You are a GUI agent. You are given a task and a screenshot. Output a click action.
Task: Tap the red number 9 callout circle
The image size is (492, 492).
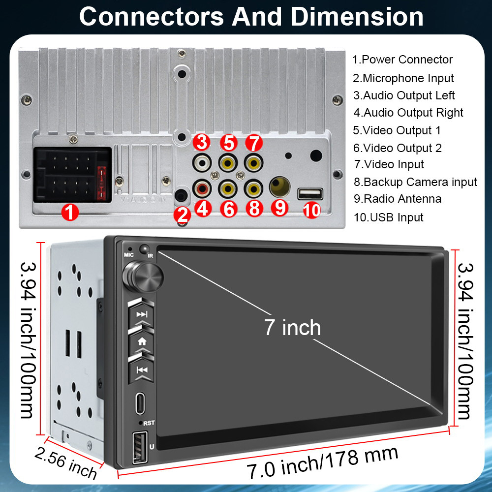pos(280,207)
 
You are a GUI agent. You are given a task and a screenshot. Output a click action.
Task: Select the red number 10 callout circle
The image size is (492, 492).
pos(311,210)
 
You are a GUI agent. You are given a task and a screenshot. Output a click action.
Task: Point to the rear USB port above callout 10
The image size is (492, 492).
pos(309,193)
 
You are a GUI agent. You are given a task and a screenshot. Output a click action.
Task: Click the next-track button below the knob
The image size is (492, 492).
pos(142,314)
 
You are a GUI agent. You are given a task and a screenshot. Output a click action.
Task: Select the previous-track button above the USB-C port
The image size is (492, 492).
pos(142,370)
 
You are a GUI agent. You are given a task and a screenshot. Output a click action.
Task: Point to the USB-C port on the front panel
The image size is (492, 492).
pos(140,403)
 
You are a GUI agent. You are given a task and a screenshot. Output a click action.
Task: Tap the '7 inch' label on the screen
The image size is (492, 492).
pos(292,328)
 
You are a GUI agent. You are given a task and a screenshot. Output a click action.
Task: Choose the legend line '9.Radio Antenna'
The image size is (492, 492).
pos(398,199)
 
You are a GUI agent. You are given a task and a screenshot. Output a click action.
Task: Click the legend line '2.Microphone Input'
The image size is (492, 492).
pos(403,78)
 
